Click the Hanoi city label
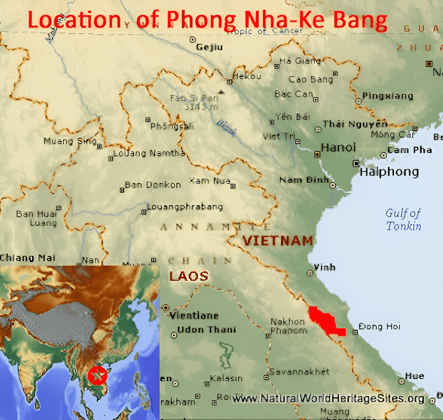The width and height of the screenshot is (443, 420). (x=338, y=148)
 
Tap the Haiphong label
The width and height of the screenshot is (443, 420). (x=389, y=172)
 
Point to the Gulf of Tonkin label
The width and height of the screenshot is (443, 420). (x=403, y=219)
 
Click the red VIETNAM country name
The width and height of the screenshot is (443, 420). (x=278, y=241)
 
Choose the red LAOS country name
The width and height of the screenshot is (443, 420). (x=189, y=276)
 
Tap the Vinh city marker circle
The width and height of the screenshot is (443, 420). (x=310, y=273)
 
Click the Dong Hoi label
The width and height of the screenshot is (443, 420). (x=379, y=327)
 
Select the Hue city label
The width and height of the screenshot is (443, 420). (x=414, y=376)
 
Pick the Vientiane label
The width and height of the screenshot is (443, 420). (x=194, y=316)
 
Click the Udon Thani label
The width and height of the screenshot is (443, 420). (x=206, y=329)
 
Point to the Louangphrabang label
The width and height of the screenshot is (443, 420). (x=185, y=207)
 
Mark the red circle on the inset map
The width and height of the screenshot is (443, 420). (x=97, y=375)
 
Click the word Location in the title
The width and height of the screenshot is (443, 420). (x=74, y=20)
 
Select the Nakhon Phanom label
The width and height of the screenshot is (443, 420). (x=288, y=326)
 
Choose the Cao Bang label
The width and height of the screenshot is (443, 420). (x=310, y=79)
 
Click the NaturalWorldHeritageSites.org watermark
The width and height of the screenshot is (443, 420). (x=328, y=399)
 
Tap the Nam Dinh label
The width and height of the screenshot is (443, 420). (x=304, y=180)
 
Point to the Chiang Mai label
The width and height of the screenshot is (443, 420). (x=27, y=258)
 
